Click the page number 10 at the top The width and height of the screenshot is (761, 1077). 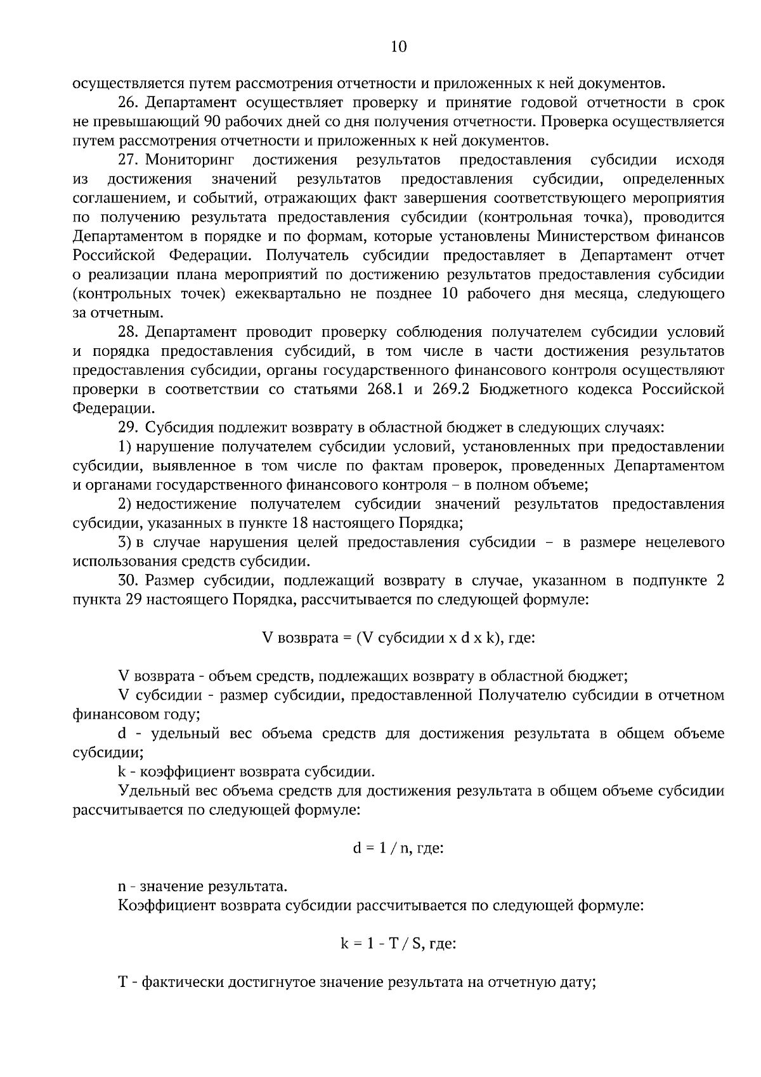point(399,46)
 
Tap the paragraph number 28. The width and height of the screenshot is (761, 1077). point(127,332)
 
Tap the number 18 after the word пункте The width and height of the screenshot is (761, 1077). point(301,523)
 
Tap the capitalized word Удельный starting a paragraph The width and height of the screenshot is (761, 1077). point(152,791)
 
